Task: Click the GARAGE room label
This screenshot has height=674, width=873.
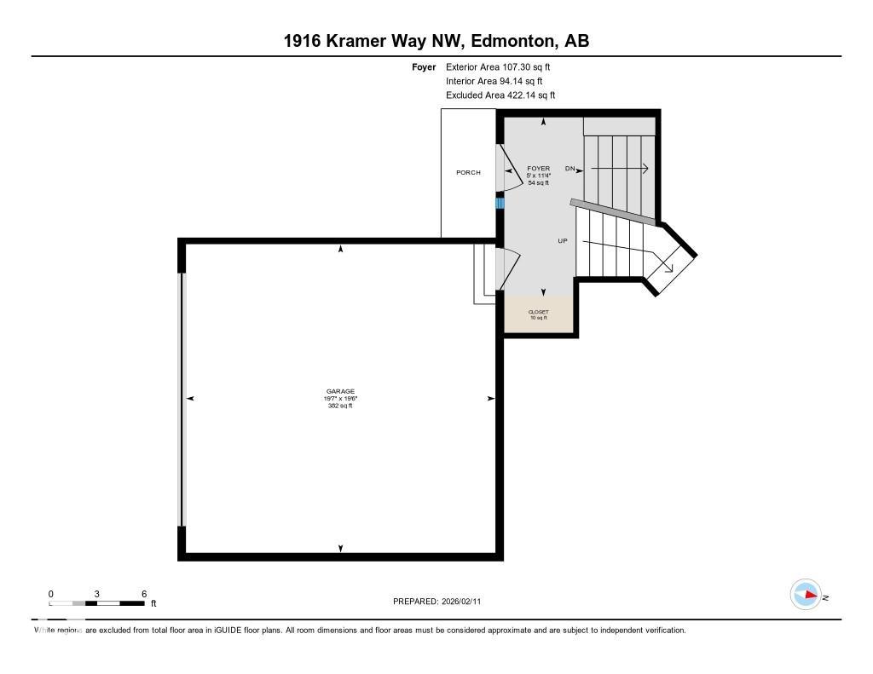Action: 340,391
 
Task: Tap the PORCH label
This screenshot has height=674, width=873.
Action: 468,172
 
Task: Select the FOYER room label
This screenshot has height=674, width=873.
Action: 538,168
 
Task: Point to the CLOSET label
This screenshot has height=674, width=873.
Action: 538,312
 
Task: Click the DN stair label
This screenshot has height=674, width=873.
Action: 570,169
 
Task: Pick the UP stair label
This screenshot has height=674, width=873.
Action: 563,241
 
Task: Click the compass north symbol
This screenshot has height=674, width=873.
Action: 807,595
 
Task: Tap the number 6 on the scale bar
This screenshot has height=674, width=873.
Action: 144,594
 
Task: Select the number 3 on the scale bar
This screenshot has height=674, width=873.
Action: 97,594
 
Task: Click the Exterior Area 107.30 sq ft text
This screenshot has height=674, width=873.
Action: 504,66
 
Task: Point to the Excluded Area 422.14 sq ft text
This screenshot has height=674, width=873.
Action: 500,95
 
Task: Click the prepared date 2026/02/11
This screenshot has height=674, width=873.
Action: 465,602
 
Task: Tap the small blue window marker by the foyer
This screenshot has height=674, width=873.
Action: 500,203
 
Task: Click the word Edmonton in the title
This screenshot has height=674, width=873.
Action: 510,41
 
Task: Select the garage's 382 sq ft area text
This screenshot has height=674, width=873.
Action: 340,406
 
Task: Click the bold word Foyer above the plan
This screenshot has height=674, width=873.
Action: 424,66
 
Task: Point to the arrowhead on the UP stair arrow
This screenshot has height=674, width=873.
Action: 669,268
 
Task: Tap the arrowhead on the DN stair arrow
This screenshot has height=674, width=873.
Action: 645,169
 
